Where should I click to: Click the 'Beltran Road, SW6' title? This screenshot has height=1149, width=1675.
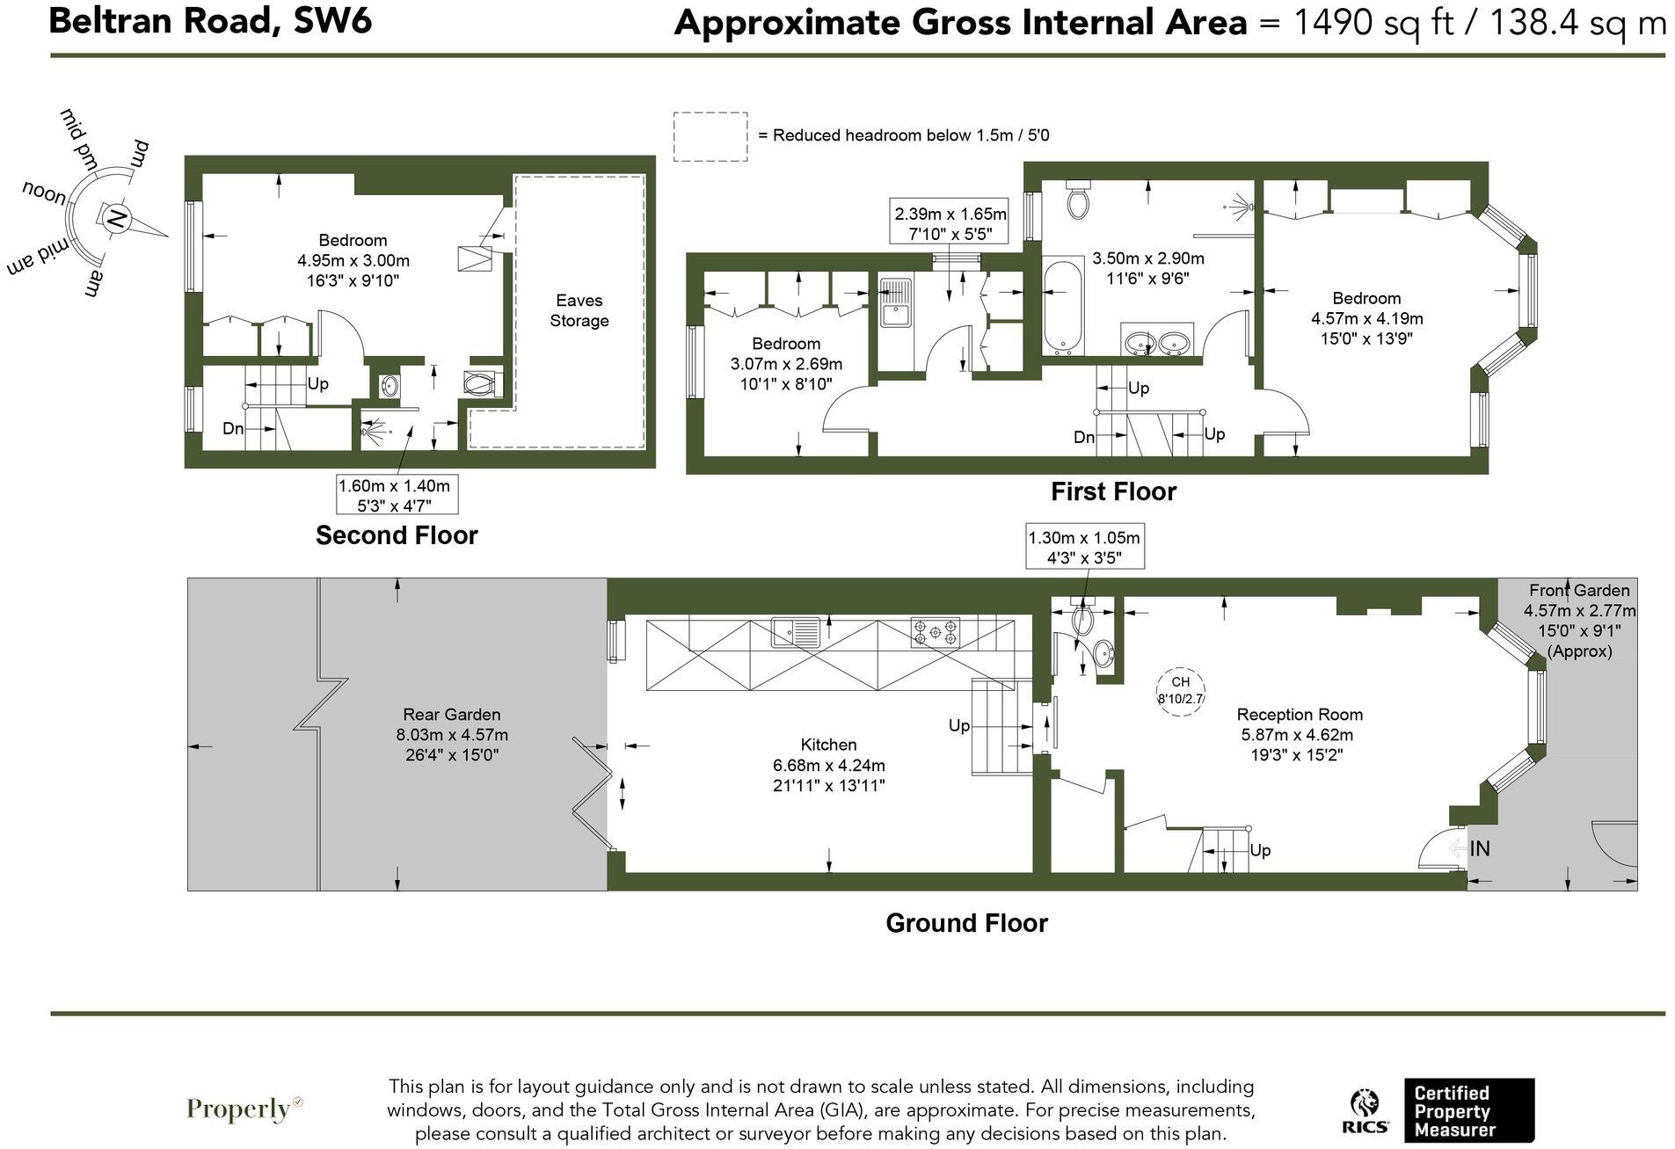click(x=210, y=20)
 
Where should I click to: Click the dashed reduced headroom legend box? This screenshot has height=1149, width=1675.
click(x=710, y=136)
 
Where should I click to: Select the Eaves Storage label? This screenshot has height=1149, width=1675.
click(x=579, y=310)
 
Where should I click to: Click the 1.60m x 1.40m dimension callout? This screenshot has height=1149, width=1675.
click(x=396, y=495)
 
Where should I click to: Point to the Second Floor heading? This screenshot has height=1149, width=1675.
click(x=396, y=535)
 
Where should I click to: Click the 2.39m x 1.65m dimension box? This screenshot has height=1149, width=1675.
click(x=950, y=223)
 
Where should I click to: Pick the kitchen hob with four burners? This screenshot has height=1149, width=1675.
click(x=935, y=631)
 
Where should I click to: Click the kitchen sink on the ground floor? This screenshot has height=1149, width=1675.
click(x=796, y=631)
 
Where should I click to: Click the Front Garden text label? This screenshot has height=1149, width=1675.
click(x=1578, y=591)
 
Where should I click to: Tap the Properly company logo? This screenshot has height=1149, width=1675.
click(x=244, y=1109)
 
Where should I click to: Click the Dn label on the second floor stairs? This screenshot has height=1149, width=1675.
click(x=233, y=429)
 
